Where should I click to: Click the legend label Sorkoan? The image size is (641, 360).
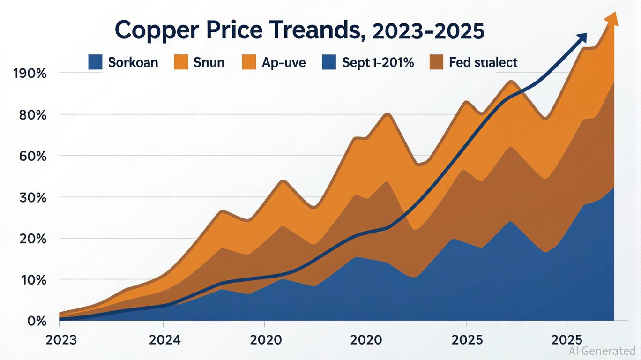[x=133, y=62]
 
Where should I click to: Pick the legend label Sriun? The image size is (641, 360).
[x=209, y=62]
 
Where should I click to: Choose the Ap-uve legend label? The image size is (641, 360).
[x=283, y=62]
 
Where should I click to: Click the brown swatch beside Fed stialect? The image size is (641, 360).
[x=436, y=62]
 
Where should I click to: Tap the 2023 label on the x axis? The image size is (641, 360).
[x=60, y=339]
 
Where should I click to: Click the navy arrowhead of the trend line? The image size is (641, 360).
[x=582, y=38]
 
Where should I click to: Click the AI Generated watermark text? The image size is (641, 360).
[x=602, y=351]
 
